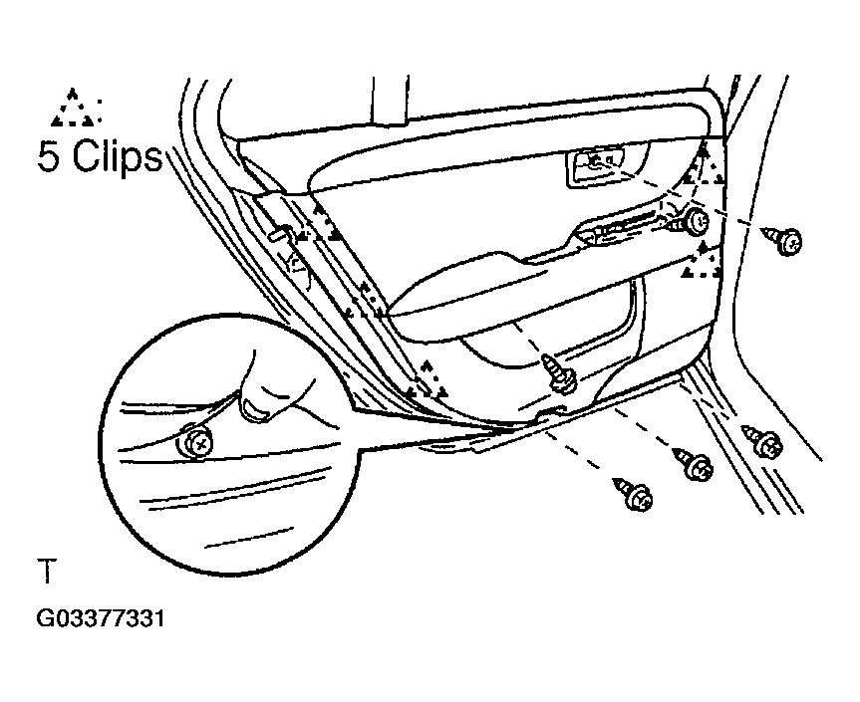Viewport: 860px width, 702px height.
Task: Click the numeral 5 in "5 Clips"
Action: point(48,155)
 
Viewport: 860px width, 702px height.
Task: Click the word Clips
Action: point(118,155)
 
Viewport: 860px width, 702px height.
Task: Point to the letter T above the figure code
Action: point(47,571)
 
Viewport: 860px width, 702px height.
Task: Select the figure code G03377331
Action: point(101,618)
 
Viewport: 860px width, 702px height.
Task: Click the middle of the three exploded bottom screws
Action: point(694,465)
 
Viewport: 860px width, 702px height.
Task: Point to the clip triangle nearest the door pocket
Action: point(427,379)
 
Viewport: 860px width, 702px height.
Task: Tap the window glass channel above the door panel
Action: point(391,99)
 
